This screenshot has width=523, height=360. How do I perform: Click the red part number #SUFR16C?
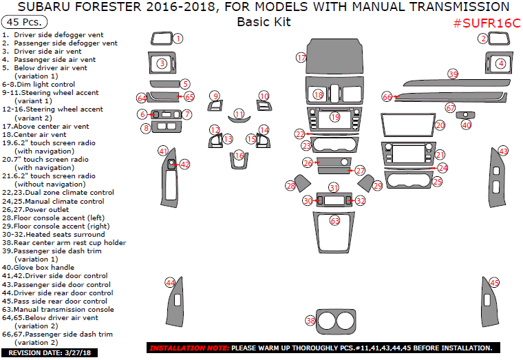click(x=486, y=23)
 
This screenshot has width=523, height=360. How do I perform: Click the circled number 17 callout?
click(x=301, y=58)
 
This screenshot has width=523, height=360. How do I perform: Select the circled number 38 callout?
click(x=310, y=321)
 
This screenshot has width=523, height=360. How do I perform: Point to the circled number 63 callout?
click(x=335, y=221)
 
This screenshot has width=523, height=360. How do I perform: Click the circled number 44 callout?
click(x=170, y=282)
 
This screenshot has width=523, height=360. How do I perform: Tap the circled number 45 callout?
click(x=494, y=282)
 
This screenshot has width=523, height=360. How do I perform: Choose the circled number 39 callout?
click(x=453, y=73)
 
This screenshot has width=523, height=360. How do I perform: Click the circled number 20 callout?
click(x=440, y=125)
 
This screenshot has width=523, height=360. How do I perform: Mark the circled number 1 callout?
click(x=178, y=39)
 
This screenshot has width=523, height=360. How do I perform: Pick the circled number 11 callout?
click(x=239, y=114)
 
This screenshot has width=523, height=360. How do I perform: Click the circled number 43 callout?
click(x=503, y=151)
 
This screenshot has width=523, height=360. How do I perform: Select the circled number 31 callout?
click(x=334, y=187)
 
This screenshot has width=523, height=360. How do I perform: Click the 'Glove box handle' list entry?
click(x=48, y=267)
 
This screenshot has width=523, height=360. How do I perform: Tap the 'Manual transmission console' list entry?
click(x=58, y=309)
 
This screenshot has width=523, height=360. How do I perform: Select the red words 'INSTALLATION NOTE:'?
click(x=189, y=348)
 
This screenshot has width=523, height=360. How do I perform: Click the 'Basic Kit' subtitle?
click(x=264, y=21)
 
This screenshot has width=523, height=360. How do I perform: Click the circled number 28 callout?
click(x=290, y=186)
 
